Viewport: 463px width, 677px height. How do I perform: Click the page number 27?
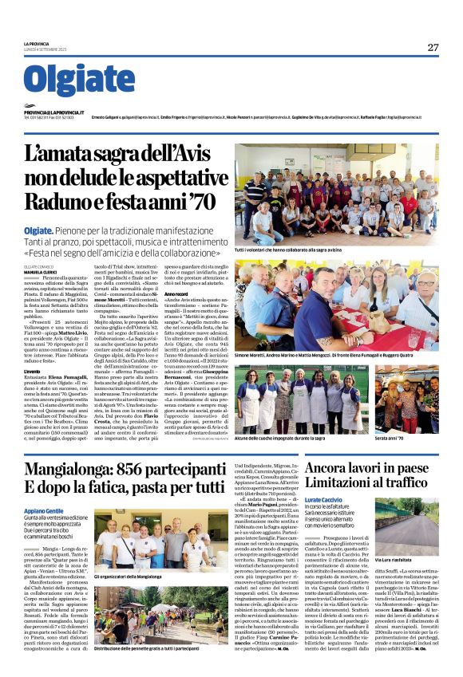tap(433, 48)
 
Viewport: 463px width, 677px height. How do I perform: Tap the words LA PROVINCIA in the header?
tap(37, 43)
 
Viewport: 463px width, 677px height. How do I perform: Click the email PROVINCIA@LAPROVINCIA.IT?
tap(55, 112)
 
